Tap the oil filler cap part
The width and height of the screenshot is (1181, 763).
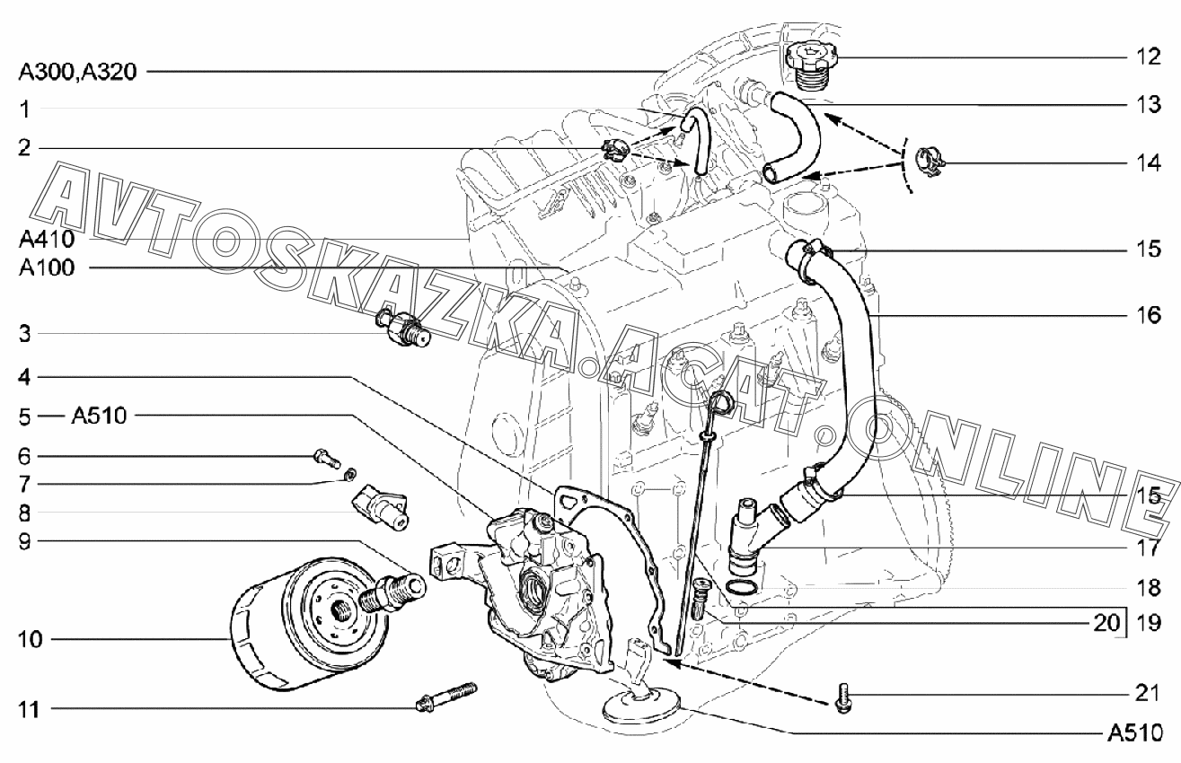(x=811, y=67)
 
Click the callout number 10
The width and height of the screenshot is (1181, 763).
(x=30, y=639)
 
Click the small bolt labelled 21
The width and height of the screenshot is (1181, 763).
(x=843, y=698)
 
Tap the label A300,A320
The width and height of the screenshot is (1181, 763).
(x=78, y=72)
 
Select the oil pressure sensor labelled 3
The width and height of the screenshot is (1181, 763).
(x=403, y=328)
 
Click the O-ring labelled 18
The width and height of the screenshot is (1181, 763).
(x=743, y=586)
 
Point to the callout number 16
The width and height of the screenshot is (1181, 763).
(x=1150, y=314)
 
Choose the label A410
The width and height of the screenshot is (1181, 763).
(x=47, y=240)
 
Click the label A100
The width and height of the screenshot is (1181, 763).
(x=47, y=267)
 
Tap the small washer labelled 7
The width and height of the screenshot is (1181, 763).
(x=349, y=475)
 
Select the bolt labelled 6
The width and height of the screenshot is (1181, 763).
(x=327, y=458)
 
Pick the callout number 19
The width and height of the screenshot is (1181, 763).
(x=1150, y=623)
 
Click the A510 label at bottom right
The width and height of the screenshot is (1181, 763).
(x=1134, y=733)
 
